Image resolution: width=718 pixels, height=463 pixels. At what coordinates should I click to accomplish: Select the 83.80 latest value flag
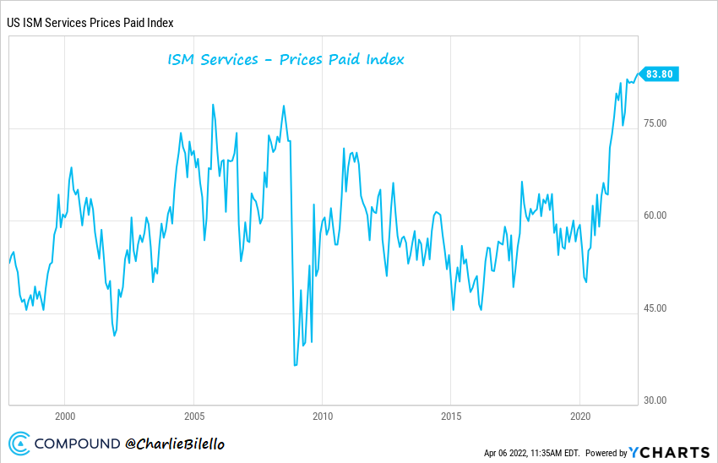click(x=660, y=74)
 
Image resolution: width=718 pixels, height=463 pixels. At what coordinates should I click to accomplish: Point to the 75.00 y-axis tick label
click(x=655, y=123)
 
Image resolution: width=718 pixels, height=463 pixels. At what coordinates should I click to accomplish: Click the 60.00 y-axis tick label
click(x=655, y=215)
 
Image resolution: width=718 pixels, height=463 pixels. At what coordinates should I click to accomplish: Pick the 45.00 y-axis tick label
click(x=655, y=308)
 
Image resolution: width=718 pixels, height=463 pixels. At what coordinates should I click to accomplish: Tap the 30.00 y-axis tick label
click(x=655, y=400)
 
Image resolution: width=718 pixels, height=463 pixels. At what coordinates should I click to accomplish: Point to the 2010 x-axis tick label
click(x=322, y=416)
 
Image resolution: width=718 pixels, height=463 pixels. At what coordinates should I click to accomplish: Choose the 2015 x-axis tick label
click(x=450, y=416)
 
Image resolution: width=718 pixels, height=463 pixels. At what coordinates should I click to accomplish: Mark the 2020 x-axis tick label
click(x=579, y=416)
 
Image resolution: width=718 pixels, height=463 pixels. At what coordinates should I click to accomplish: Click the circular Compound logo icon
click(x=19, y=443)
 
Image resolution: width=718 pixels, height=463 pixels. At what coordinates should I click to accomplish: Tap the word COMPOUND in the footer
click(x=78, y=444)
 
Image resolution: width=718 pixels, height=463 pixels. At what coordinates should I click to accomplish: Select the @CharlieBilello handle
click(x=176, y=444)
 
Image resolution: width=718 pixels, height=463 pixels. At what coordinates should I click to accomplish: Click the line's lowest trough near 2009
click(x=295, y=365)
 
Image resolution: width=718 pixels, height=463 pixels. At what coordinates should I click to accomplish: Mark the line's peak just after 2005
click(x=213, y=105)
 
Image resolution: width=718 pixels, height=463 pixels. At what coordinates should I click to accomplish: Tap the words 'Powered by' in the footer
click(x=606, y=453)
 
